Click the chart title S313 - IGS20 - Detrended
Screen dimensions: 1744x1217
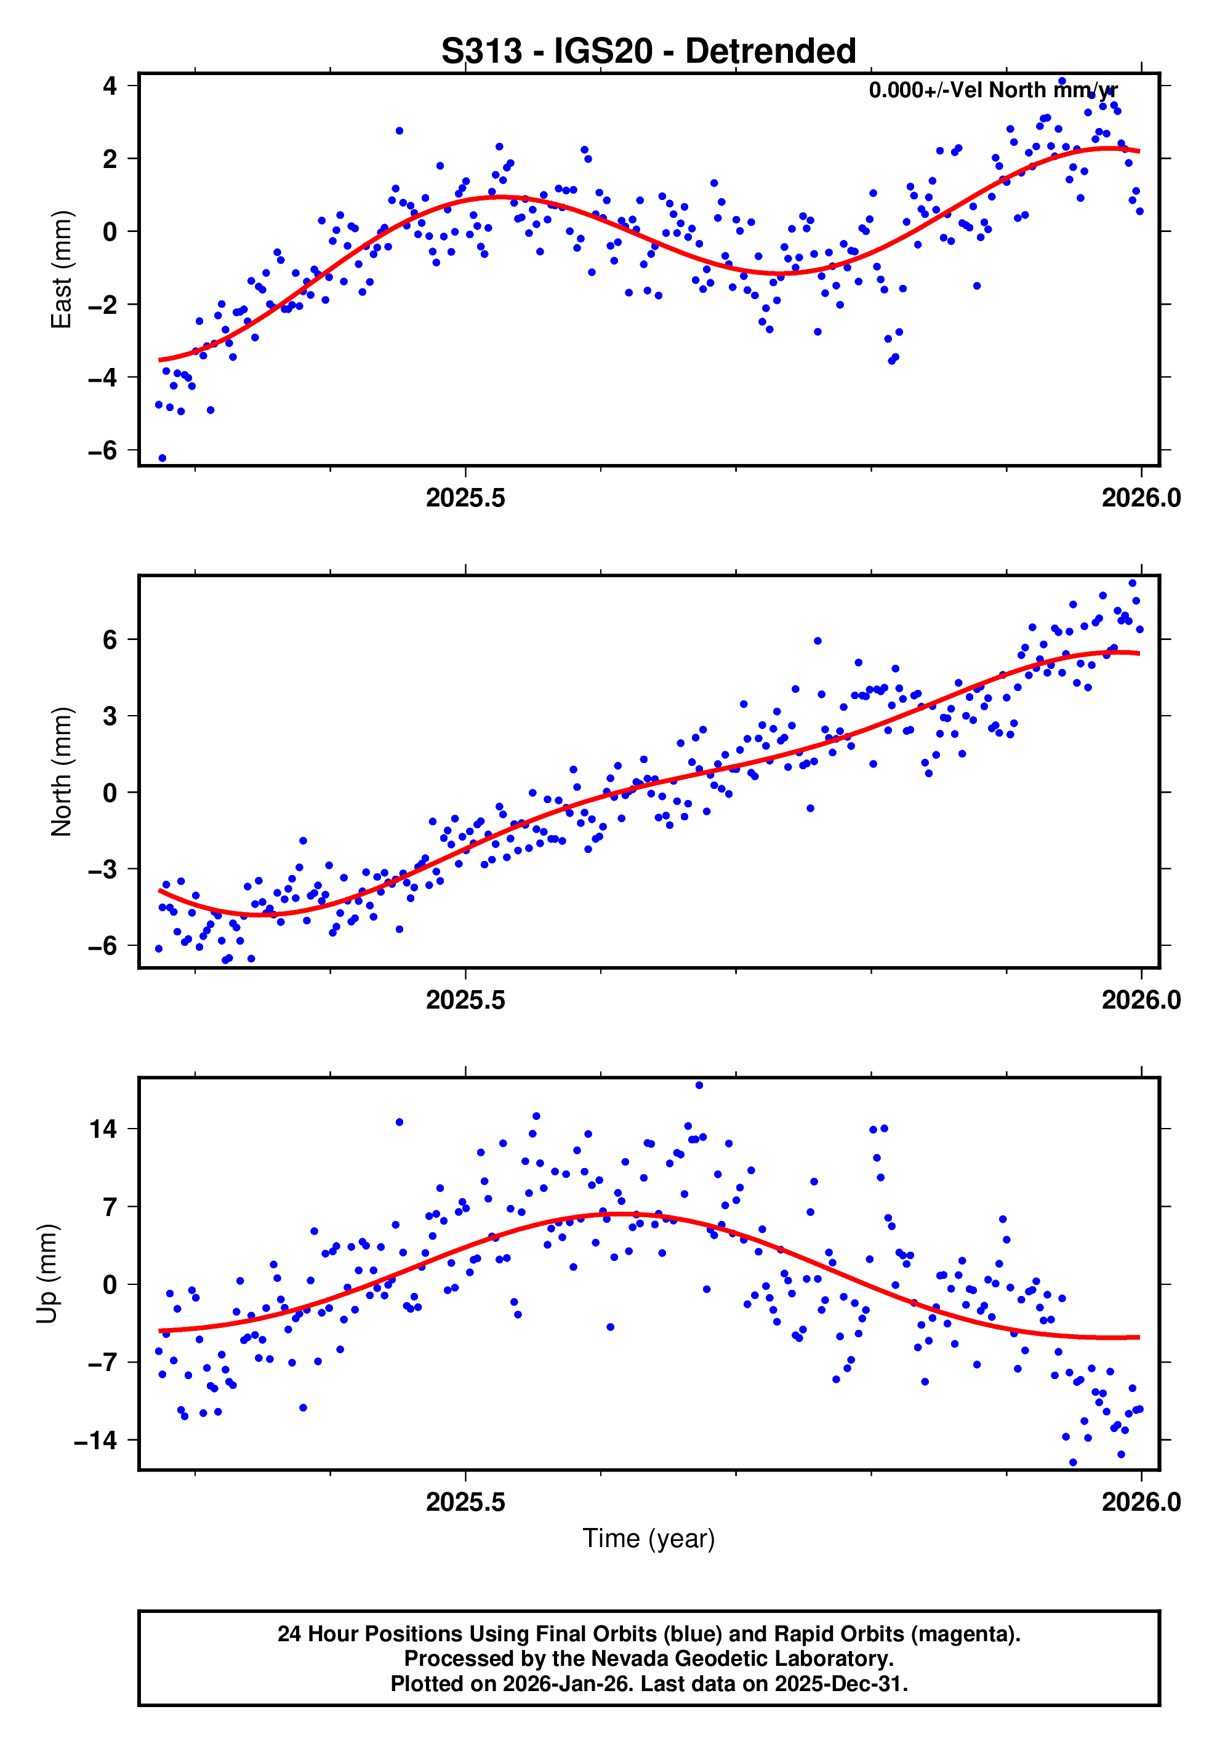648,52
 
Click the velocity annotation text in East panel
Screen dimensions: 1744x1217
992,90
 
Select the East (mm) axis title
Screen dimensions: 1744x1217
61,270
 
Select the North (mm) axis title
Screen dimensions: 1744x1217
61,772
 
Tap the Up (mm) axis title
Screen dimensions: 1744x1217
47,1274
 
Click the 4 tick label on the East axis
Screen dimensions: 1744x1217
110,86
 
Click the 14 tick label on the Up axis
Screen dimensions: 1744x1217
103,1129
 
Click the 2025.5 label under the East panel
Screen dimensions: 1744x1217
465,498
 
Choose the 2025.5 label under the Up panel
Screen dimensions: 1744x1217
465,1502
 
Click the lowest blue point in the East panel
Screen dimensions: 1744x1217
162,458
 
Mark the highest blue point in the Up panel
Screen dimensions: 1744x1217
699,1086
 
